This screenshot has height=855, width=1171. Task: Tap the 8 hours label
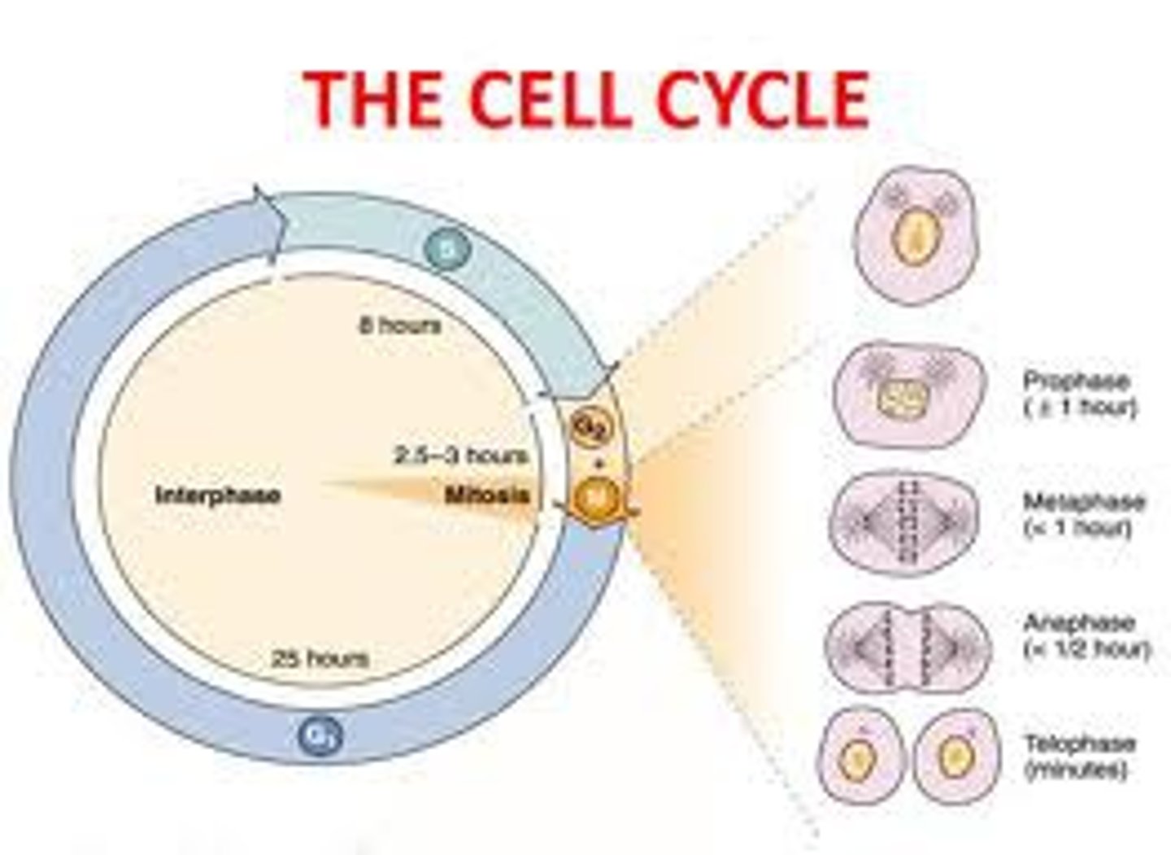click(400, 326)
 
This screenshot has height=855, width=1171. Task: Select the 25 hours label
click(320, 657)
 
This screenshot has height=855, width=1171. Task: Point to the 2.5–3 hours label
click(461, 455)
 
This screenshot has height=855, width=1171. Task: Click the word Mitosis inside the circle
click(486, 495)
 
